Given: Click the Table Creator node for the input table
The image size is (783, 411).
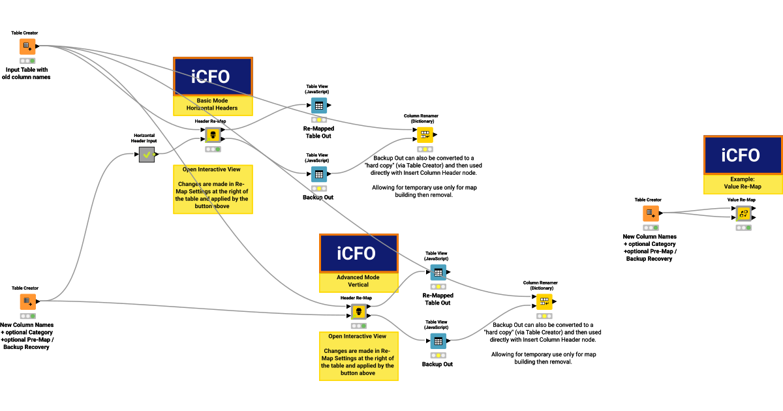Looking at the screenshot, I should [x=27, y=46].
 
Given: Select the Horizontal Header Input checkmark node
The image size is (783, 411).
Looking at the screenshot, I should [x=147, y=155].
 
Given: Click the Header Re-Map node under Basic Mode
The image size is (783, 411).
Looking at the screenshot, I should [x=213, y=135].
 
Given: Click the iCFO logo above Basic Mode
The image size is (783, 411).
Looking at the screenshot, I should [x=213, y=77].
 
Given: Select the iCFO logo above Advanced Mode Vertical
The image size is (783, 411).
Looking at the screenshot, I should [x=358, y=253].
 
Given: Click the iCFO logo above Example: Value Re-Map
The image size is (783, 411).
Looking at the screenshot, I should [x=743, y=155].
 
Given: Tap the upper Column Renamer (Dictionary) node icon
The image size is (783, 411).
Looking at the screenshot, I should [x=425, y=135].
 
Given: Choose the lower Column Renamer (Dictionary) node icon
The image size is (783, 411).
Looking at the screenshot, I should [x=544, y=302].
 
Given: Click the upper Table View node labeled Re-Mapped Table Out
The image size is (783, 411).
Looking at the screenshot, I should [x=318, y=106].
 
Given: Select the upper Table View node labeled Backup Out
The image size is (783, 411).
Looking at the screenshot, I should [x=318, y=174].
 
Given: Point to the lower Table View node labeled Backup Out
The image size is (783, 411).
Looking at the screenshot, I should [x=438, y=341].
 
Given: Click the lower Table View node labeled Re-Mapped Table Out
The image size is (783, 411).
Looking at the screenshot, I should [x=438, y=272].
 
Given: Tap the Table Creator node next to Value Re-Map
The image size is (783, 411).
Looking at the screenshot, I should [x=650, y=213].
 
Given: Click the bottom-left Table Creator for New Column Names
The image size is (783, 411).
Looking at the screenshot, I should [x=27, y=301].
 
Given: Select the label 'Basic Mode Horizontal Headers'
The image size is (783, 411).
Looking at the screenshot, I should [x=213, y=104].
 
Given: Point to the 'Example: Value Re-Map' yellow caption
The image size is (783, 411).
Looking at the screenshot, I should [x=743, y=183].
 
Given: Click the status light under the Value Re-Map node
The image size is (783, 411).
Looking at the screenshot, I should [x=743, y=228].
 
